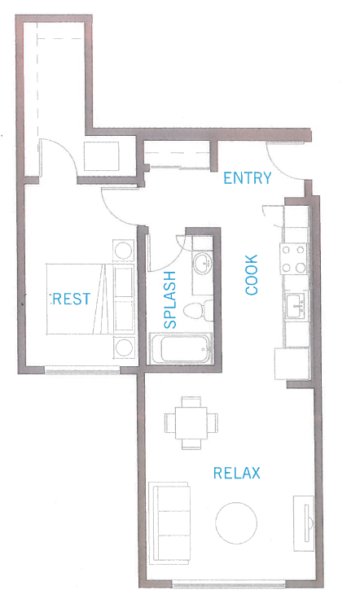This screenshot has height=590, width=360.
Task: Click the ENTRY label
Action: [x=248, y=178]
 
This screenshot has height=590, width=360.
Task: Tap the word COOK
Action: [x=251, y=276]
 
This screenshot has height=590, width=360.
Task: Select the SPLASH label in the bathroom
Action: [x=169, y=300]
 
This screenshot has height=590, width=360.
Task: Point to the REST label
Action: [x=71, y=299]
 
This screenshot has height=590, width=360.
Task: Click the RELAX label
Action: [x=237, y=473]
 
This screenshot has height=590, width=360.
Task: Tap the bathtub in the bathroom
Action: [x=182, y=352]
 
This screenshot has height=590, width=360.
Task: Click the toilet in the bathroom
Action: [x=194, y=310]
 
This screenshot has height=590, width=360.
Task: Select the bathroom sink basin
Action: [x=201, y=264]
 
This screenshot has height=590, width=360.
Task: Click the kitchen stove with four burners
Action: [x=295, y=259]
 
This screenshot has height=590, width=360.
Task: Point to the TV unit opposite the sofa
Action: [x=303, y=521]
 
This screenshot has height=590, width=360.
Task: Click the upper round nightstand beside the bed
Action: [x=124, y=250]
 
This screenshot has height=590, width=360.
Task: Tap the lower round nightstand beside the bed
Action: [x=124, y=347]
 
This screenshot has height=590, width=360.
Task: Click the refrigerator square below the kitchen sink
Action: [x=291, y=363]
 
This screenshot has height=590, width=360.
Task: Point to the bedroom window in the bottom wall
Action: [x=82, y=371]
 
